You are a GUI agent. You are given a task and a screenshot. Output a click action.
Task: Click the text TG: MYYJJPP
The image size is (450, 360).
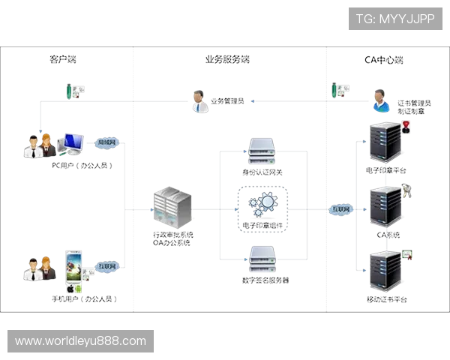[x=396, y=19]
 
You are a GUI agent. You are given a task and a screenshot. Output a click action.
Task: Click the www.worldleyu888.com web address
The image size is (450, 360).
[x=81, y=341]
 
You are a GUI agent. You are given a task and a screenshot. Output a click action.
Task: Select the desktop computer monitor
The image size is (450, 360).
[x=72, y=142]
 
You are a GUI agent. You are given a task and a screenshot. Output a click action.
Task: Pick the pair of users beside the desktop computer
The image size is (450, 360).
[x=37, y=146]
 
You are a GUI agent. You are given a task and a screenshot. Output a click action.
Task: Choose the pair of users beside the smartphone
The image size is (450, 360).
[x=37, y=269]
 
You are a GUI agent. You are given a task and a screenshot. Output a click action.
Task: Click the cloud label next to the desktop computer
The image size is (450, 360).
[x=106, y=142]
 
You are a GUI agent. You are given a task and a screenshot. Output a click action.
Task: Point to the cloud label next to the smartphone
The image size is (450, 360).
[x=107, y=265]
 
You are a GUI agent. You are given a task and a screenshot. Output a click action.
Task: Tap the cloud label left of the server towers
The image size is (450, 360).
[x=341, y=209]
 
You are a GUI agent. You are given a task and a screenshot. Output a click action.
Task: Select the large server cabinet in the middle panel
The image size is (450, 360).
[x=171, y=207]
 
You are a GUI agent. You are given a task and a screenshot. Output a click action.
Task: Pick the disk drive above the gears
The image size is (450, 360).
[x=262, y=150]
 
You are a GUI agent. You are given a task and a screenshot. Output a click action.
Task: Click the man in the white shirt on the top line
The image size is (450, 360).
[x=199, y=102]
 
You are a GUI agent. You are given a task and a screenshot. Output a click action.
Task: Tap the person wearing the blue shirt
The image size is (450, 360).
[x=381, y=101]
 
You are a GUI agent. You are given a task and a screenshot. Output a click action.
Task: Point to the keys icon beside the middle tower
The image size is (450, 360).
[x=407, y=190]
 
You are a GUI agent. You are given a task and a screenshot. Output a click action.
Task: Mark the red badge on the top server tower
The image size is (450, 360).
[x=406, y=126]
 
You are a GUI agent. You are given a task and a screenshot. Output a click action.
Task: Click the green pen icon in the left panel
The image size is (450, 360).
[x=70, y=91]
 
